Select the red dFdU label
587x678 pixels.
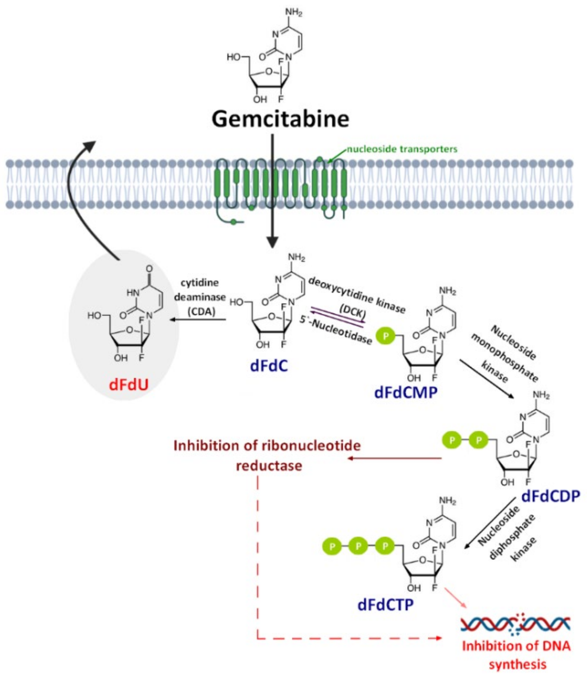point(129,385)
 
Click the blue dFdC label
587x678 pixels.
point(269,366)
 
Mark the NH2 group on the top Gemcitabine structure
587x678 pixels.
point(294,13)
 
